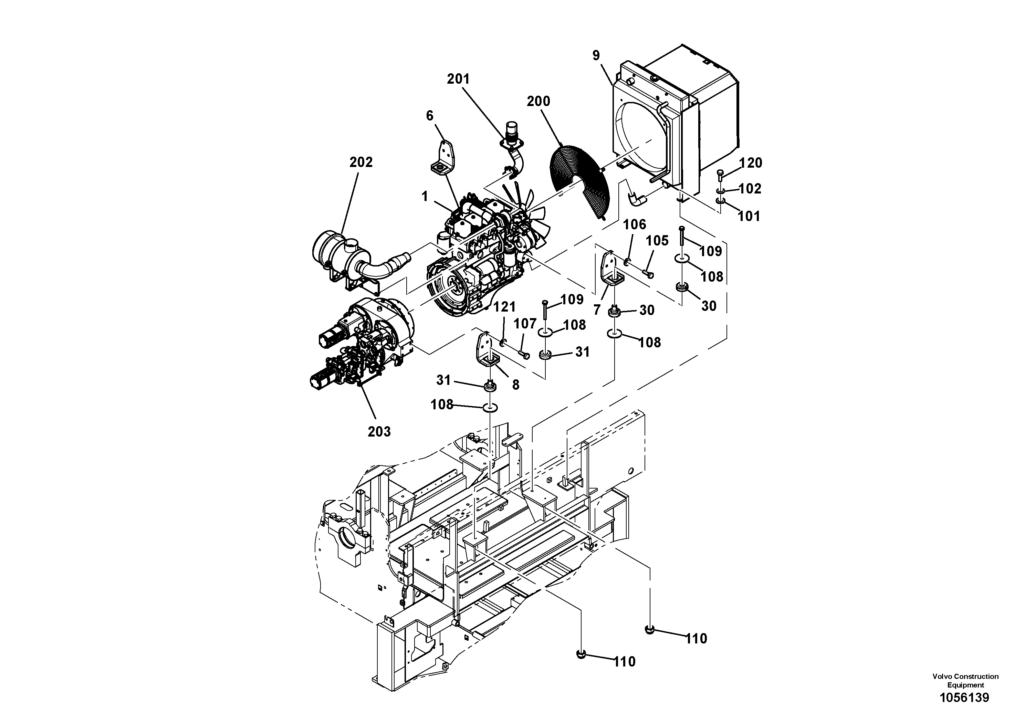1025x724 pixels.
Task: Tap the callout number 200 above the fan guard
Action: tap(538, 101)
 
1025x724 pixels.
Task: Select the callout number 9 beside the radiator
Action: tap(596, 55)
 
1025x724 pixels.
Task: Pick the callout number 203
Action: tap(379, 432)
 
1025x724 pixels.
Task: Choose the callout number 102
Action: tap(750, 189)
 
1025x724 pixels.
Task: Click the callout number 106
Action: tap(634, 224)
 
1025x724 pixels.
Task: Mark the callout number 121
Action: tap(504, 307)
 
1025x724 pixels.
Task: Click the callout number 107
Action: tap(525, 324)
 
